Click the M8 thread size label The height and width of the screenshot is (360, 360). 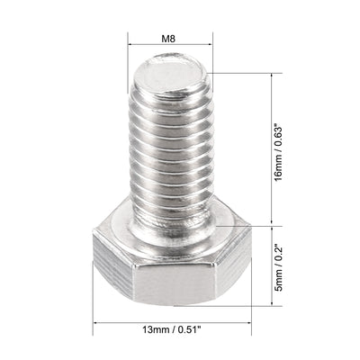pos(169,39)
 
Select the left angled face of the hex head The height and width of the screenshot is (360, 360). pos(111,270)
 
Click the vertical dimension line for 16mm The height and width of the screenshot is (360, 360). pos(270,148)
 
